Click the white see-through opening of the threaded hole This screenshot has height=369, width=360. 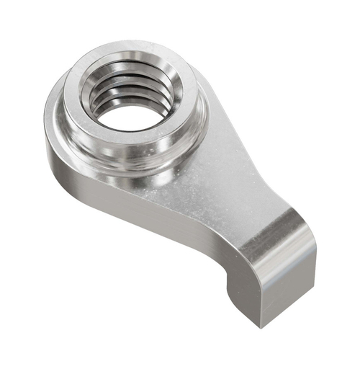point(129,117)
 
